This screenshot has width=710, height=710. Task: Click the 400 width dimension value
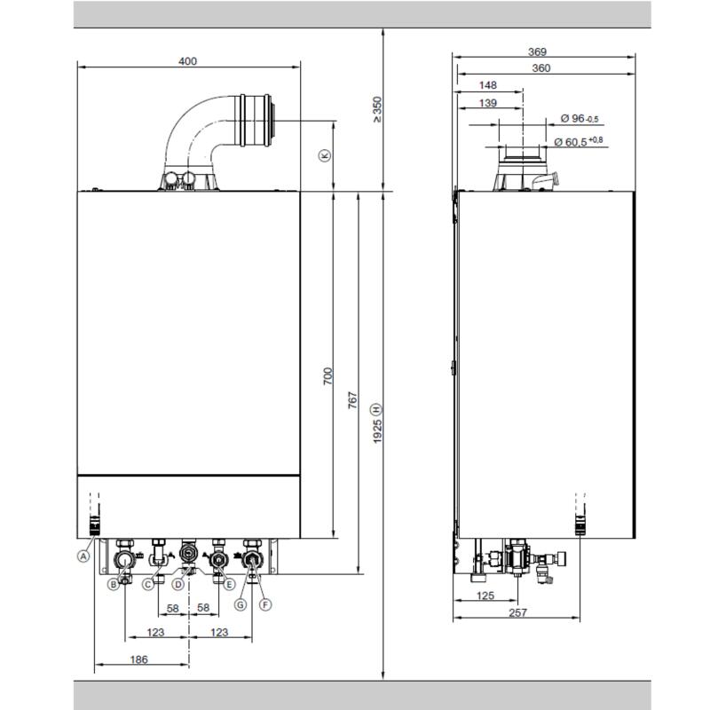(x=187, y=61)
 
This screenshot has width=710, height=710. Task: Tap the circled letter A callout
(x=83, y=556)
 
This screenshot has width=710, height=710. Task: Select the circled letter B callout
(x=114, y=585)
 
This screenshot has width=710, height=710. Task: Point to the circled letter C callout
(x=148, y=585)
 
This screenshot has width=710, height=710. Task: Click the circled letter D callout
(x=178, y=585)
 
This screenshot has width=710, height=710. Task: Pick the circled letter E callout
(x=230, y=585)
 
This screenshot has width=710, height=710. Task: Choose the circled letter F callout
(x=265, y=604)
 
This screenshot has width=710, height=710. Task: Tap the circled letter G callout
(x=241, y=604)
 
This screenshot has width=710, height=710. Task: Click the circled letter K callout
(x=325, y=155)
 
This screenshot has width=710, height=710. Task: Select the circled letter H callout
(x=377, y=410)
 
